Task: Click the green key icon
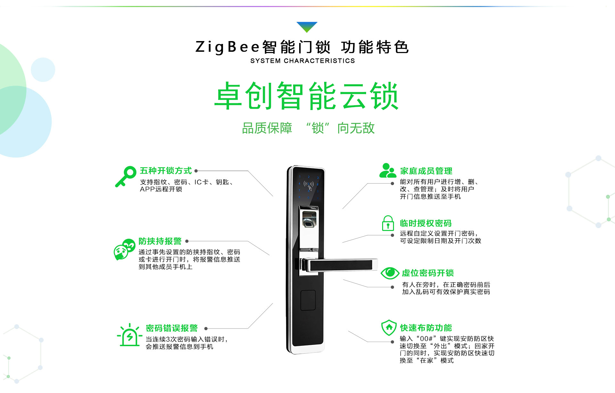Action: pyautogui.click(x=126, y=176)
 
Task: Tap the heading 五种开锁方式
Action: pyautogui.click(x=166, y=171)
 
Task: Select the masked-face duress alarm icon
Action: pyautogui.click(x=124, y=249)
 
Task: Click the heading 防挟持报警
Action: pyautogui.click(x=160, y=241)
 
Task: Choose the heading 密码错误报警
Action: pyautogui.click(x=172, y=328)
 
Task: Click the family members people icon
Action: pyautogui.click(x=388, y=170)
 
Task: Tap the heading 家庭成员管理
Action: pyautogui.click(x=426, y=171)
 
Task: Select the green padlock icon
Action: pyautogui.click(x=388, y=223)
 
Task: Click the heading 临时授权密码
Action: pyautogui.click(x=426, y=223)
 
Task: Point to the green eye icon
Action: pyautogui.click(x=390, y=273)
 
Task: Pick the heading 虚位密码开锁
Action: pyautogui.click(x=428, y=273)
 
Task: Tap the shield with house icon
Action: pyautogui.click(x=389, y=328)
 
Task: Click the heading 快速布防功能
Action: pyautogui.click(x=426, y=328)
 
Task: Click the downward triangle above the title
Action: pyautogui.click(x=307, y=26)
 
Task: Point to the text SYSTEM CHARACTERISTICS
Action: pyautogui.click(x=302, y=61)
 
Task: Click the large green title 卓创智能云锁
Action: pyautogui.click(x=307, y=96)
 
